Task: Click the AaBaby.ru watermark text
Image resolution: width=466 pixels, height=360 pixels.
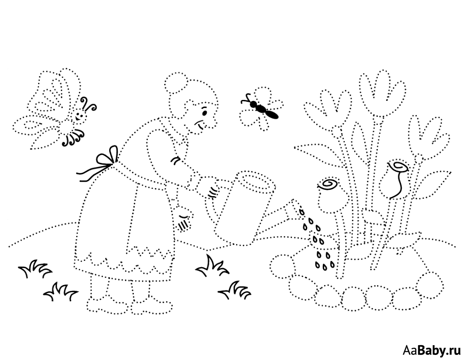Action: (x=431, y=350)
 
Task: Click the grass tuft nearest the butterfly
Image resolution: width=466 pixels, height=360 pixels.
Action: (x=35, y=269)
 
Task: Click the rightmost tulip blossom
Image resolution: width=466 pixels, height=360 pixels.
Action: (x=428, y=137)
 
